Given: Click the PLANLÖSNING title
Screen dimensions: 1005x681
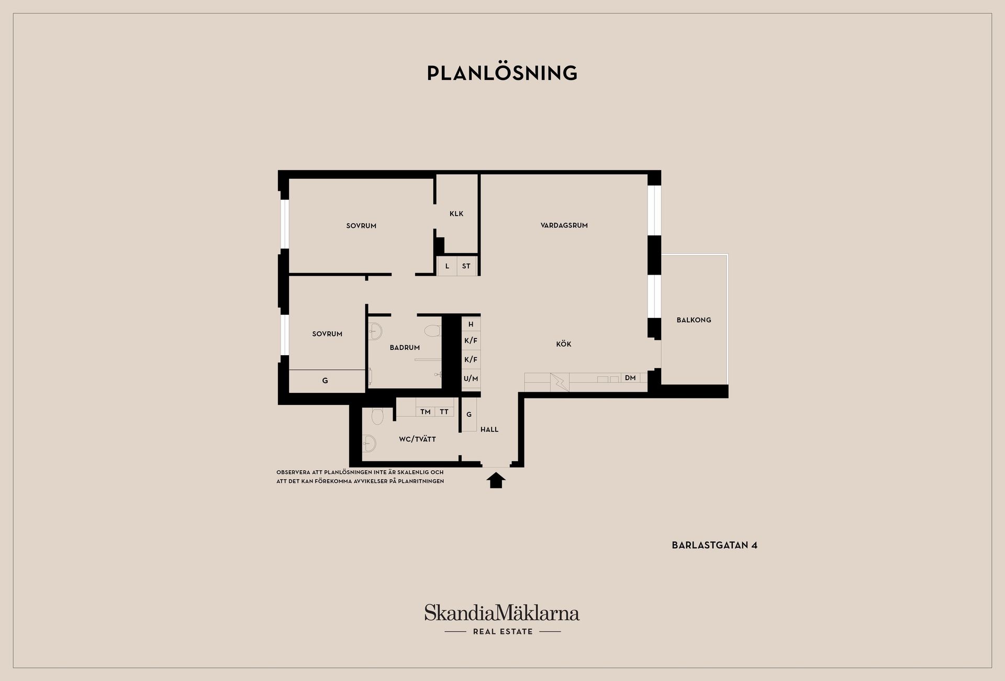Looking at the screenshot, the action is pos(502,73).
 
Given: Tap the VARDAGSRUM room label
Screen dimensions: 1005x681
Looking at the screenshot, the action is pos(564,225).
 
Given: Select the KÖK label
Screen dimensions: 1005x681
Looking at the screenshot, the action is pos(563,344).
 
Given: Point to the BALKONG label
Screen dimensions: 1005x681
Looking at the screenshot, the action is pos(694,320).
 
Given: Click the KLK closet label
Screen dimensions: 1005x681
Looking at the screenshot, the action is pos(456,213).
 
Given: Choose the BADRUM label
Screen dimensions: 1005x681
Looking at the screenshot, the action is pos(405,347).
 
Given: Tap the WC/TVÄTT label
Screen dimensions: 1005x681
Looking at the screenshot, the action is pos(417,439).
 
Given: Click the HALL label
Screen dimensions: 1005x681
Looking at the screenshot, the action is pos(489,429).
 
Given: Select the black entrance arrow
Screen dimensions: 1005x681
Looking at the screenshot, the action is pos(496,480).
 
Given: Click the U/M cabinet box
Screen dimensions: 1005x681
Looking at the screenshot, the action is pos(471,379).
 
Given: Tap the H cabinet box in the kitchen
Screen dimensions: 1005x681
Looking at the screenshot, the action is pos(471,324).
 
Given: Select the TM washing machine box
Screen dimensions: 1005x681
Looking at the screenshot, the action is pos(425,412).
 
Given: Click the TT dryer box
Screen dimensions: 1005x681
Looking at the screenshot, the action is pos(444,412).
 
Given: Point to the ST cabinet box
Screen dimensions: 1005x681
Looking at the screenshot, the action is pos(466,266).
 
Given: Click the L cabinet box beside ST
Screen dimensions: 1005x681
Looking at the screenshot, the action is pos(447,266).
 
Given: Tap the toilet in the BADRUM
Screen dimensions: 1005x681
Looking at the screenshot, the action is pos(433,331).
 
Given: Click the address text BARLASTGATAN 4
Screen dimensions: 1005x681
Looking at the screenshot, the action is pos(714,545).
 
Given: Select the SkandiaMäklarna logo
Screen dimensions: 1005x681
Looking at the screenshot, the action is pos(502,619).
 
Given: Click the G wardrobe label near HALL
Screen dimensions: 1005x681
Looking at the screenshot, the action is pos(469,414).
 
